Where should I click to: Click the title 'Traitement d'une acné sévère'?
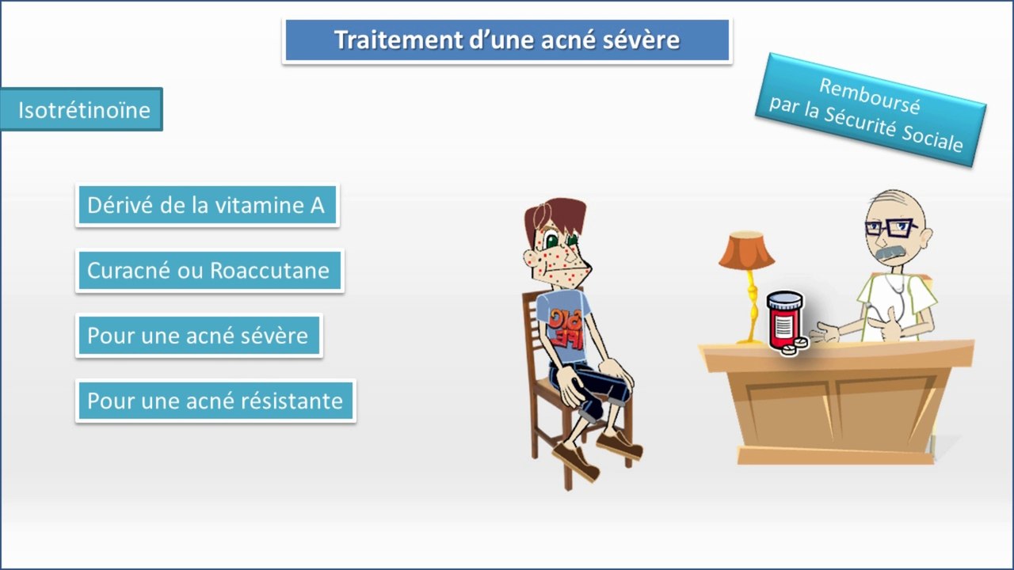tap(507, 40)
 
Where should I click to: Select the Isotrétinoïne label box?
tap(82, 110)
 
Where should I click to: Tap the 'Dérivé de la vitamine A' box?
tap(208, 205)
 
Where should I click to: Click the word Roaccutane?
tap(270, 271)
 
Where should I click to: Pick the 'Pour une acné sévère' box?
tap(199, 336)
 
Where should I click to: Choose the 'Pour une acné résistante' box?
tap(215, 401)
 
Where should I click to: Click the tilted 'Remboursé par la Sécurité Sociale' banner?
tap(870, 110)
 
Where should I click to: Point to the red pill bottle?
tap(784, 320)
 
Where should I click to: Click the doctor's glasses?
tap(891, 227)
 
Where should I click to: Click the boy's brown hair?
tap(555, 217)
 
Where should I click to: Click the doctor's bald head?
tap(894, 206)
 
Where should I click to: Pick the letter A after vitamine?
tap(318, 205)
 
